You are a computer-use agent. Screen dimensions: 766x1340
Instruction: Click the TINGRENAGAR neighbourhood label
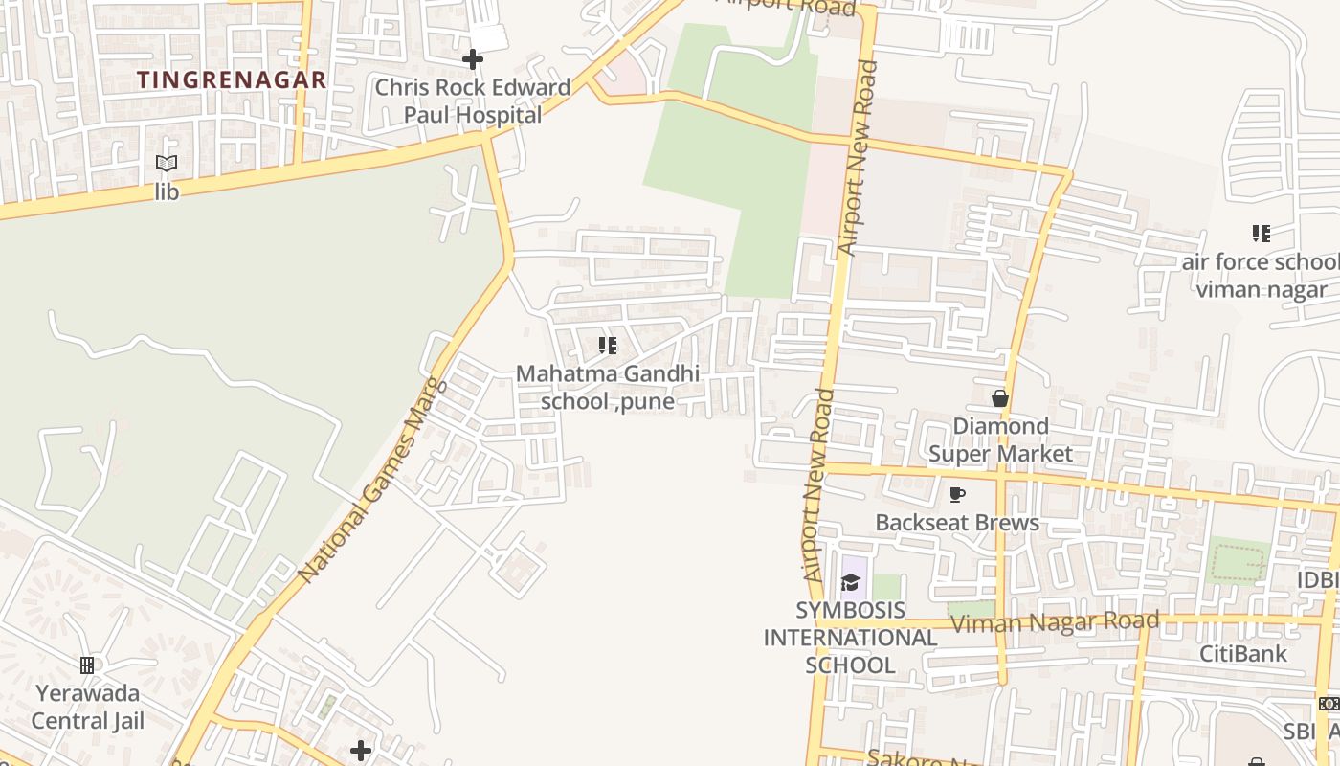(232, 79)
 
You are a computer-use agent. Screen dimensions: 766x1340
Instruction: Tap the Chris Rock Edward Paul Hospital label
(472, 101)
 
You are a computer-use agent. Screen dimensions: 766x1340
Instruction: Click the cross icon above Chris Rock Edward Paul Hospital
(472, 59)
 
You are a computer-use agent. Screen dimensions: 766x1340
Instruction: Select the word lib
(167, 191)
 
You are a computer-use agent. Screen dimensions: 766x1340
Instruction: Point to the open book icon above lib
(167, 164)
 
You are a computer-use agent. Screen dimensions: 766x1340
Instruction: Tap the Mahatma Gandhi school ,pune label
(608, 387)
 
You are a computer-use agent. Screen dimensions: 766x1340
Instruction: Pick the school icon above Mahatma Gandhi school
(607, 345)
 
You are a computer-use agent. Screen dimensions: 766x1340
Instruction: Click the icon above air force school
(1261, 233)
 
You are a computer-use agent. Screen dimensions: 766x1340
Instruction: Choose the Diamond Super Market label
(1000, 439)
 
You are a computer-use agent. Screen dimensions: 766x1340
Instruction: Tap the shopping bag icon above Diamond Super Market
(1000, 397)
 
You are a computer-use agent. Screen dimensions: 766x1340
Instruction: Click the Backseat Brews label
(957, 523)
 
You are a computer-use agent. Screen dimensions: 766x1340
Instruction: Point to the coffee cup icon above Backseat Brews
(956, 494)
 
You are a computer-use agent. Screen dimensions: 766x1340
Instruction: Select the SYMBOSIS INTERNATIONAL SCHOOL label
(850, 638)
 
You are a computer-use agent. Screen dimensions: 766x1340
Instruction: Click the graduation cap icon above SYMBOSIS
(850, 582)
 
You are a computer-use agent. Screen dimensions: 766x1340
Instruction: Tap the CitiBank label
(1244, 654)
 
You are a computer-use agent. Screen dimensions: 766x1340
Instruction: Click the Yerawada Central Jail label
(87, 706)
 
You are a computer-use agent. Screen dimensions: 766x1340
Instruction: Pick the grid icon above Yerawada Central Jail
(87, 665)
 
